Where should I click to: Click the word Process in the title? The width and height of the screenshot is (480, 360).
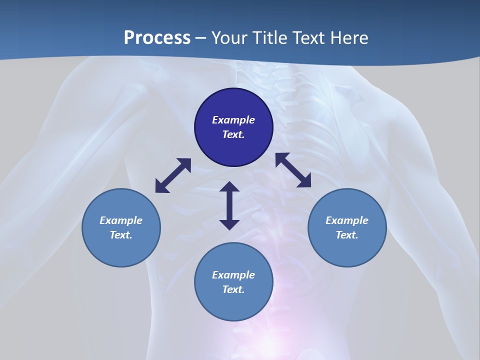(x=157, y=38)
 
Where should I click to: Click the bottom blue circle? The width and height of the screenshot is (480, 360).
(x=233, y=305)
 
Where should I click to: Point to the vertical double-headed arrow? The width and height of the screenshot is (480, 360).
(x=229, y=205)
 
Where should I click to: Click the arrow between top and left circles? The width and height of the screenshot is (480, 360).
(x=173, y=175)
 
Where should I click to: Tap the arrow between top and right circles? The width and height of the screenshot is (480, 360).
(x=293, y=170)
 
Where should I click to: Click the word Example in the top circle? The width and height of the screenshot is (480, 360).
(x=233, y=120)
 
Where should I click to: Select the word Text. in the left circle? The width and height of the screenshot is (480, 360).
(x=121, y=235)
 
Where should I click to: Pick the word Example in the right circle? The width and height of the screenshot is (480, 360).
(x=347, y=220)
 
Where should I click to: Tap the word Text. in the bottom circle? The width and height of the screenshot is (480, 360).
(x=233, y=289)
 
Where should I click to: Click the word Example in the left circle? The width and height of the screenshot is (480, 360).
(x=121, y=220)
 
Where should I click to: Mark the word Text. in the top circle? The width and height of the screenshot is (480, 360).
(x=233, y=134)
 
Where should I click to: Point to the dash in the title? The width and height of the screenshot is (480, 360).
(x=200, y=38)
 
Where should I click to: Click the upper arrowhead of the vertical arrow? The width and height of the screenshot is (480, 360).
(x=229, y=187)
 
